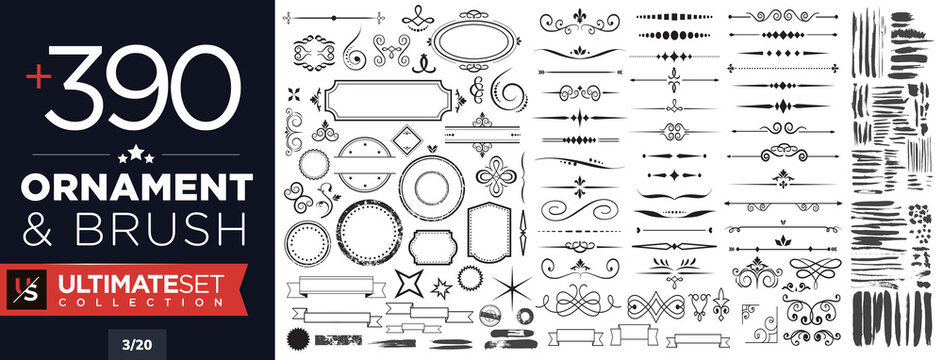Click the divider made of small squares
(668, 17)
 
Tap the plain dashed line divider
(581, 230)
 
